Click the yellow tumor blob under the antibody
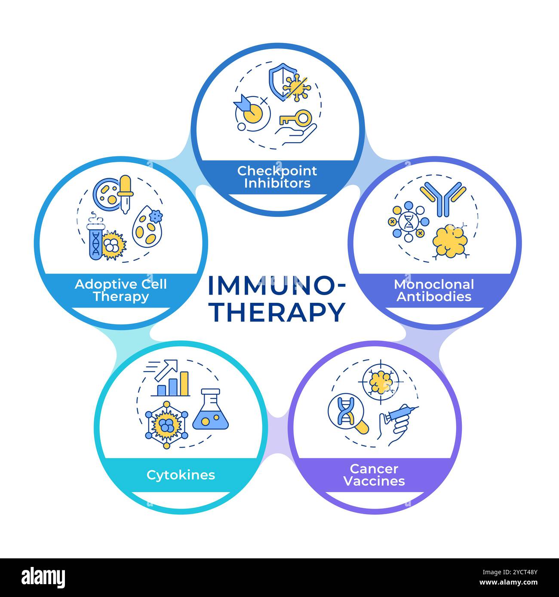coord(450,241)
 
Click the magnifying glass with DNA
coord(346,412)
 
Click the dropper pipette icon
coord(125,193)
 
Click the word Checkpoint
coord(277,171)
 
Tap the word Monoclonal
coord(434,284)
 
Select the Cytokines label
coord(181,475)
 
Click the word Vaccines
coord(374,481)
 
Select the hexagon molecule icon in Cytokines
coord(166,425)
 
